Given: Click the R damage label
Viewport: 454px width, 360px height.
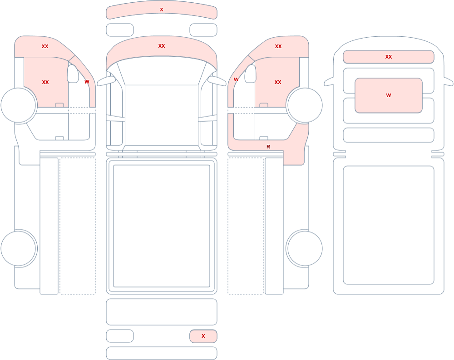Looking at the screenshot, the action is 268,147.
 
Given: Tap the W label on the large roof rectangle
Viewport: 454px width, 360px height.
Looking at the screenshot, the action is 389,95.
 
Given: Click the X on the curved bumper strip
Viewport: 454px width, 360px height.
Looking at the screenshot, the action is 162,10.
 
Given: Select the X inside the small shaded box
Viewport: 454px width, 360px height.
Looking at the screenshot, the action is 203,336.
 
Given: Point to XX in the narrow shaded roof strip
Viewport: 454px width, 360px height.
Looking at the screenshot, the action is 389,57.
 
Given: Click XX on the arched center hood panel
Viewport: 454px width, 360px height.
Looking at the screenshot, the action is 162,46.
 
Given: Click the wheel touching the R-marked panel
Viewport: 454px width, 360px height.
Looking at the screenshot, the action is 304,105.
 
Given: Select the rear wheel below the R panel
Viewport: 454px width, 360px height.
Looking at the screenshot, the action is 304,248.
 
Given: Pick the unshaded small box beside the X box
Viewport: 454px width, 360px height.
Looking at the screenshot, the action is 120,336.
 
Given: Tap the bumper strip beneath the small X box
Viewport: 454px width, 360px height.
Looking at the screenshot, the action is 162,353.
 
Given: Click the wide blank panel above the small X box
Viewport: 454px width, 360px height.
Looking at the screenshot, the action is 162,312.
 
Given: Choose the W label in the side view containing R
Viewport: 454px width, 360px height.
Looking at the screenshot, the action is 236,79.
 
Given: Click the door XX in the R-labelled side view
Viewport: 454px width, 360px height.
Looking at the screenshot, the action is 278,82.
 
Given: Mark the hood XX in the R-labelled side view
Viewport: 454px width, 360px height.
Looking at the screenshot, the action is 278,46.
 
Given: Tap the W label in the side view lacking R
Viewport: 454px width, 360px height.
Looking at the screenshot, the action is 87,82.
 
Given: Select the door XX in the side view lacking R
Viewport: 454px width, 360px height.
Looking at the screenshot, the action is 45,82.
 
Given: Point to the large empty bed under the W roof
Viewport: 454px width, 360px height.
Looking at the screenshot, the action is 389,225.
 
